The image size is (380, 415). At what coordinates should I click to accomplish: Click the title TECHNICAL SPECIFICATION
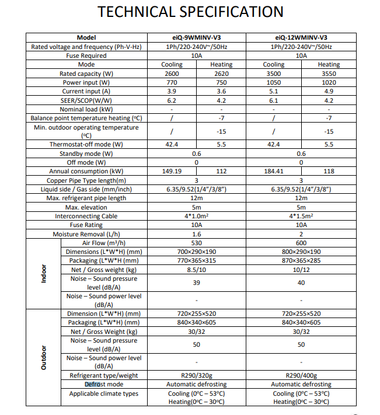coord(190,12)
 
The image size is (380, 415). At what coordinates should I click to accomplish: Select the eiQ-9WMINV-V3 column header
coord(196,38)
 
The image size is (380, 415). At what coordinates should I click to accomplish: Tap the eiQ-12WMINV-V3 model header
coord(301,38)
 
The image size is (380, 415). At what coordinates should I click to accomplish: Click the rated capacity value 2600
coord(172,74)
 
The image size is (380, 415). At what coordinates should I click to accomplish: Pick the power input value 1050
coord(274,82)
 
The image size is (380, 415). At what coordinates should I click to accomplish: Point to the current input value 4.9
coord(329,91)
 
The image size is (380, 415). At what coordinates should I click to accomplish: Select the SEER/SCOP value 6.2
coord(172,100)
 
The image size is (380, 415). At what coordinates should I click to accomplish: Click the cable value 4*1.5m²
coord(301,216)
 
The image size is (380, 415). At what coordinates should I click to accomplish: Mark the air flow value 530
coord(196,243)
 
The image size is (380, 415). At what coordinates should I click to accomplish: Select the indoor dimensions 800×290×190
coord(301,252)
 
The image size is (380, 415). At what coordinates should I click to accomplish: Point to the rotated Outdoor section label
coord(43,357)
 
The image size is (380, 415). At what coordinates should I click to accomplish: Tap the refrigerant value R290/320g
coord(196,376)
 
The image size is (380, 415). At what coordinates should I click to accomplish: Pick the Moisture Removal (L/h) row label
coord(86,234)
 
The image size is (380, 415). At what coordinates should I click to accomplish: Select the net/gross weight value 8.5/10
coord(196,270)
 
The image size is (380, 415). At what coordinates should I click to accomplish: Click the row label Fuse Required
coord(86,55)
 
